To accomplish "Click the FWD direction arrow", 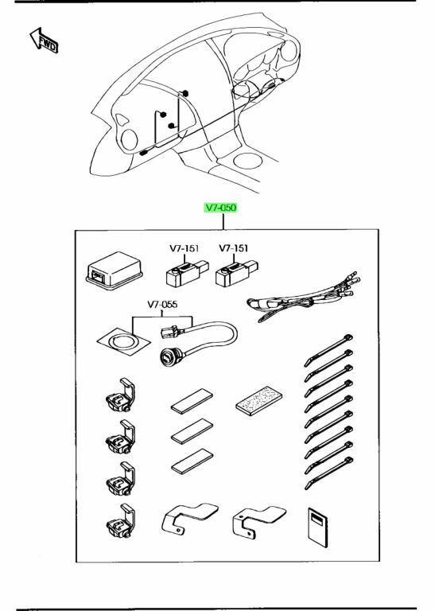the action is (x=44, y=40).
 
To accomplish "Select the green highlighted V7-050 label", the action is (x=221, y=208).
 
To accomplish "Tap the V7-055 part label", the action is (x=162, y=304).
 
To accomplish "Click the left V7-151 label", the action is (x=184, y=248).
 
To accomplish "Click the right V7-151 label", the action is (x=234, y=248).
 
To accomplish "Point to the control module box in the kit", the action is (x=114, y=270).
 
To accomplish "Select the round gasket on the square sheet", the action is (x=123, y=341).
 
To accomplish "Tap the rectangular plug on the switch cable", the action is (x=171, y=332).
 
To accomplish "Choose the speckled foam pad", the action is (x=259, y=401).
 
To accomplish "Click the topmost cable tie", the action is (x=328, y=350).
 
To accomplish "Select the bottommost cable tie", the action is (x=328, y=473).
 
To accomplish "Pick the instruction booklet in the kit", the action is (x=318, y=527).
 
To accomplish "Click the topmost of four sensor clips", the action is (x=120, y=395).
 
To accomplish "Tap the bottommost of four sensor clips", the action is (x=121, y=521).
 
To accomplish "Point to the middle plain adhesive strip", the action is (x=192, y=431).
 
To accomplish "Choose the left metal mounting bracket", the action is (x=189, y=518).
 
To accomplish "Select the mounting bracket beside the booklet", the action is (x=259, y=522).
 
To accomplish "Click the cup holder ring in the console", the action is (x=247, y=161).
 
